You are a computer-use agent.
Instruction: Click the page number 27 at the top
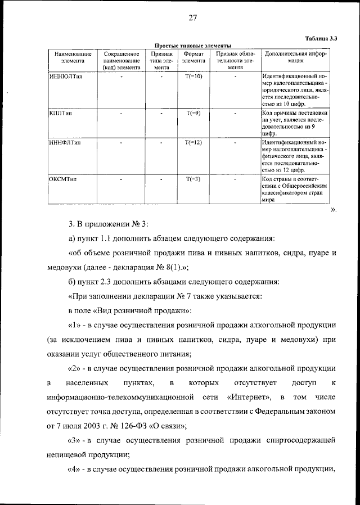tap(192, 18)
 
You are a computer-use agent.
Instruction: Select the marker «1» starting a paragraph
tap(75, 324)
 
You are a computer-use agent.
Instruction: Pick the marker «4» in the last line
tap(75, 468)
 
